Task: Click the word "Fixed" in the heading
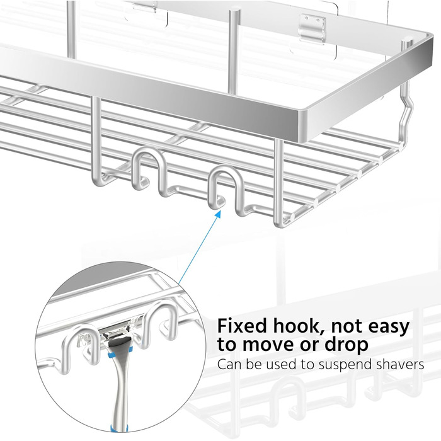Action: pyautogui.click(x=242, y=326)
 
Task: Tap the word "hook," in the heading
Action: pyautogui.click(x=297, y=327)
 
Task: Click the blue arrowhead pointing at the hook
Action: pyautogui.click(x=217, y=215)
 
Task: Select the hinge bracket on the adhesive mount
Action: pyautogui.click(x=312, y=29)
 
